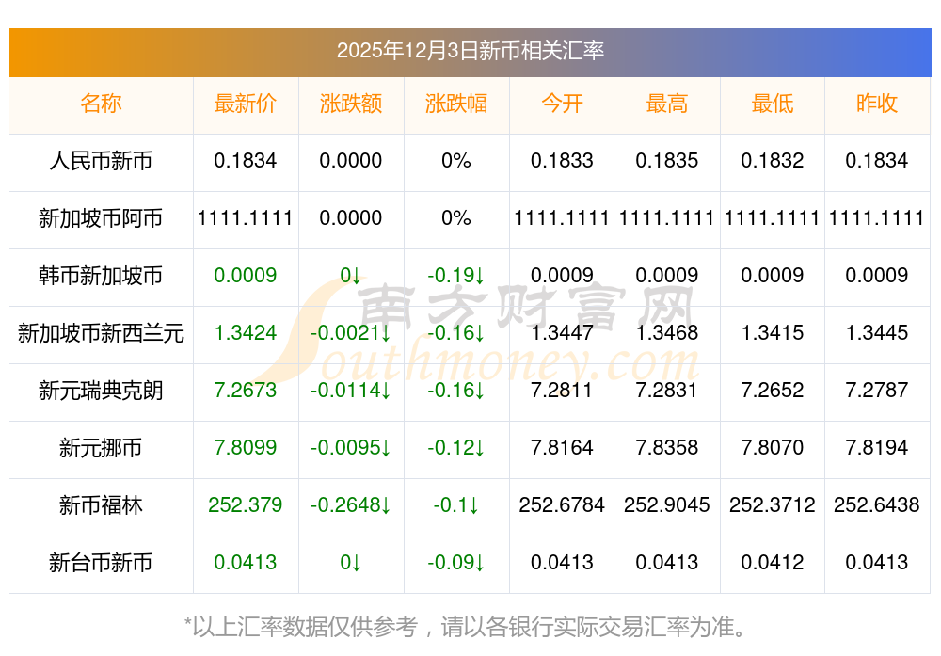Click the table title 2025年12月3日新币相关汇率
[470, 51]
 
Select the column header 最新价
[246, 104]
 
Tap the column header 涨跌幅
[456, 104]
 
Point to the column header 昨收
[877, 104]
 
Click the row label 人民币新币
[101, 161]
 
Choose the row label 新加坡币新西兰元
[101, 332]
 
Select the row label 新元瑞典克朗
[101, 391]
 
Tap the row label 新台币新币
[101, 563]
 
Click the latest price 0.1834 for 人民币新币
[246, 161]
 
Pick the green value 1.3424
[246, 332]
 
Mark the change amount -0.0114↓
[351, 391]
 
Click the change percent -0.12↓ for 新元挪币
[456, 448]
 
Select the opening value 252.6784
[562, 505]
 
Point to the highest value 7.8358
[667, 448]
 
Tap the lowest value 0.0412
[773, 563]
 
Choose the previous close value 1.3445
[877, 332]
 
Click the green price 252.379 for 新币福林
[246, 505]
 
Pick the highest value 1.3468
[667, 332]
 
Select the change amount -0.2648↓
[351, 505]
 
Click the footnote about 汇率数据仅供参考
[470, 626]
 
